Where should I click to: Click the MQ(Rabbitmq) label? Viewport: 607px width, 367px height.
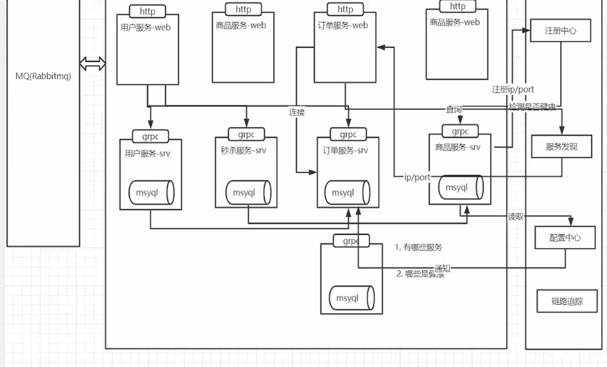point(43,76)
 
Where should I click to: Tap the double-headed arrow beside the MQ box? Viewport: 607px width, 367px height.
point(92,64)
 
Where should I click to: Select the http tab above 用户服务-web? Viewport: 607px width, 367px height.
point(147,12)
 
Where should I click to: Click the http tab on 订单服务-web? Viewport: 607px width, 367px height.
point(345,10)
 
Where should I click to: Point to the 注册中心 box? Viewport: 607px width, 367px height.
point(560,30)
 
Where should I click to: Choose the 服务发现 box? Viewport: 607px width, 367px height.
point(561,146)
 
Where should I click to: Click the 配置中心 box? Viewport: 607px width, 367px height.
point(565,237)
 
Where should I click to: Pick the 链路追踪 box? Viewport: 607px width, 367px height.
point(567,301)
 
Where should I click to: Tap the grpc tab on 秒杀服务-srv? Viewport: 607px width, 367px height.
point(246,135)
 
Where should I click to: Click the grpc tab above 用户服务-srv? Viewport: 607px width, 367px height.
point(150,136)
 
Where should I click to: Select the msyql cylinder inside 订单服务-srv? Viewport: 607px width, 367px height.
point(346,192)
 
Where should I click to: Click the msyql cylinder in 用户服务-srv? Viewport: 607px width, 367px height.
point(151,192)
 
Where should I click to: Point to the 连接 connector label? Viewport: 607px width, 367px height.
point(296,112)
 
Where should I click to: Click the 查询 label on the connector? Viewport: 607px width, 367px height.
point(454,110)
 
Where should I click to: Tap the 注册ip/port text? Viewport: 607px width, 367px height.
point(513,89)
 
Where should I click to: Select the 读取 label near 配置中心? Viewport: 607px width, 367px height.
point(516,217)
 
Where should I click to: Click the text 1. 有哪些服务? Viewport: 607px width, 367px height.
point(418,247)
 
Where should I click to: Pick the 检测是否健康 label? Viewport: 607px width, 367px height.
point(531,107)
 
